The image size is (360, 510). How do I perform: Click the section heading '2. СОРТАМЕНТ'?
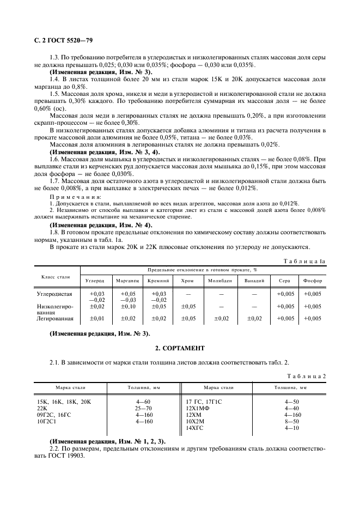(179, 347)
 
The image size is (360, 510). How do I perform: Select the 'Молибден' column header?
(219, 281)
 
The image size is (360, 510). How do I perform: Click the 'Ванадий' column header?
(254, 281)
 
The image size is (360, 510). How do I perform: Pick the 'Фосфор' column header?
(313, 281)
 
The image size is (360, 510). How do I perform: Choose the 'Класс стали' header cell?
(56, 277)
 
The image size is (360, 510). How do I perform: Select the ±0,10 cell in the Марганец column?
(127, 306)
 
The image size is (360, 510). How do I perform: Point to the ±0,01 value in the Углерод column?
(96, 318)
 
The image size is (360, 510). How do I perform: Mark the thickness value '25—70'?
(144, 408)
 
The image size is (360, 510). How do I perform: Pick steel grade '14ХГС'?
(195, 428)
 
